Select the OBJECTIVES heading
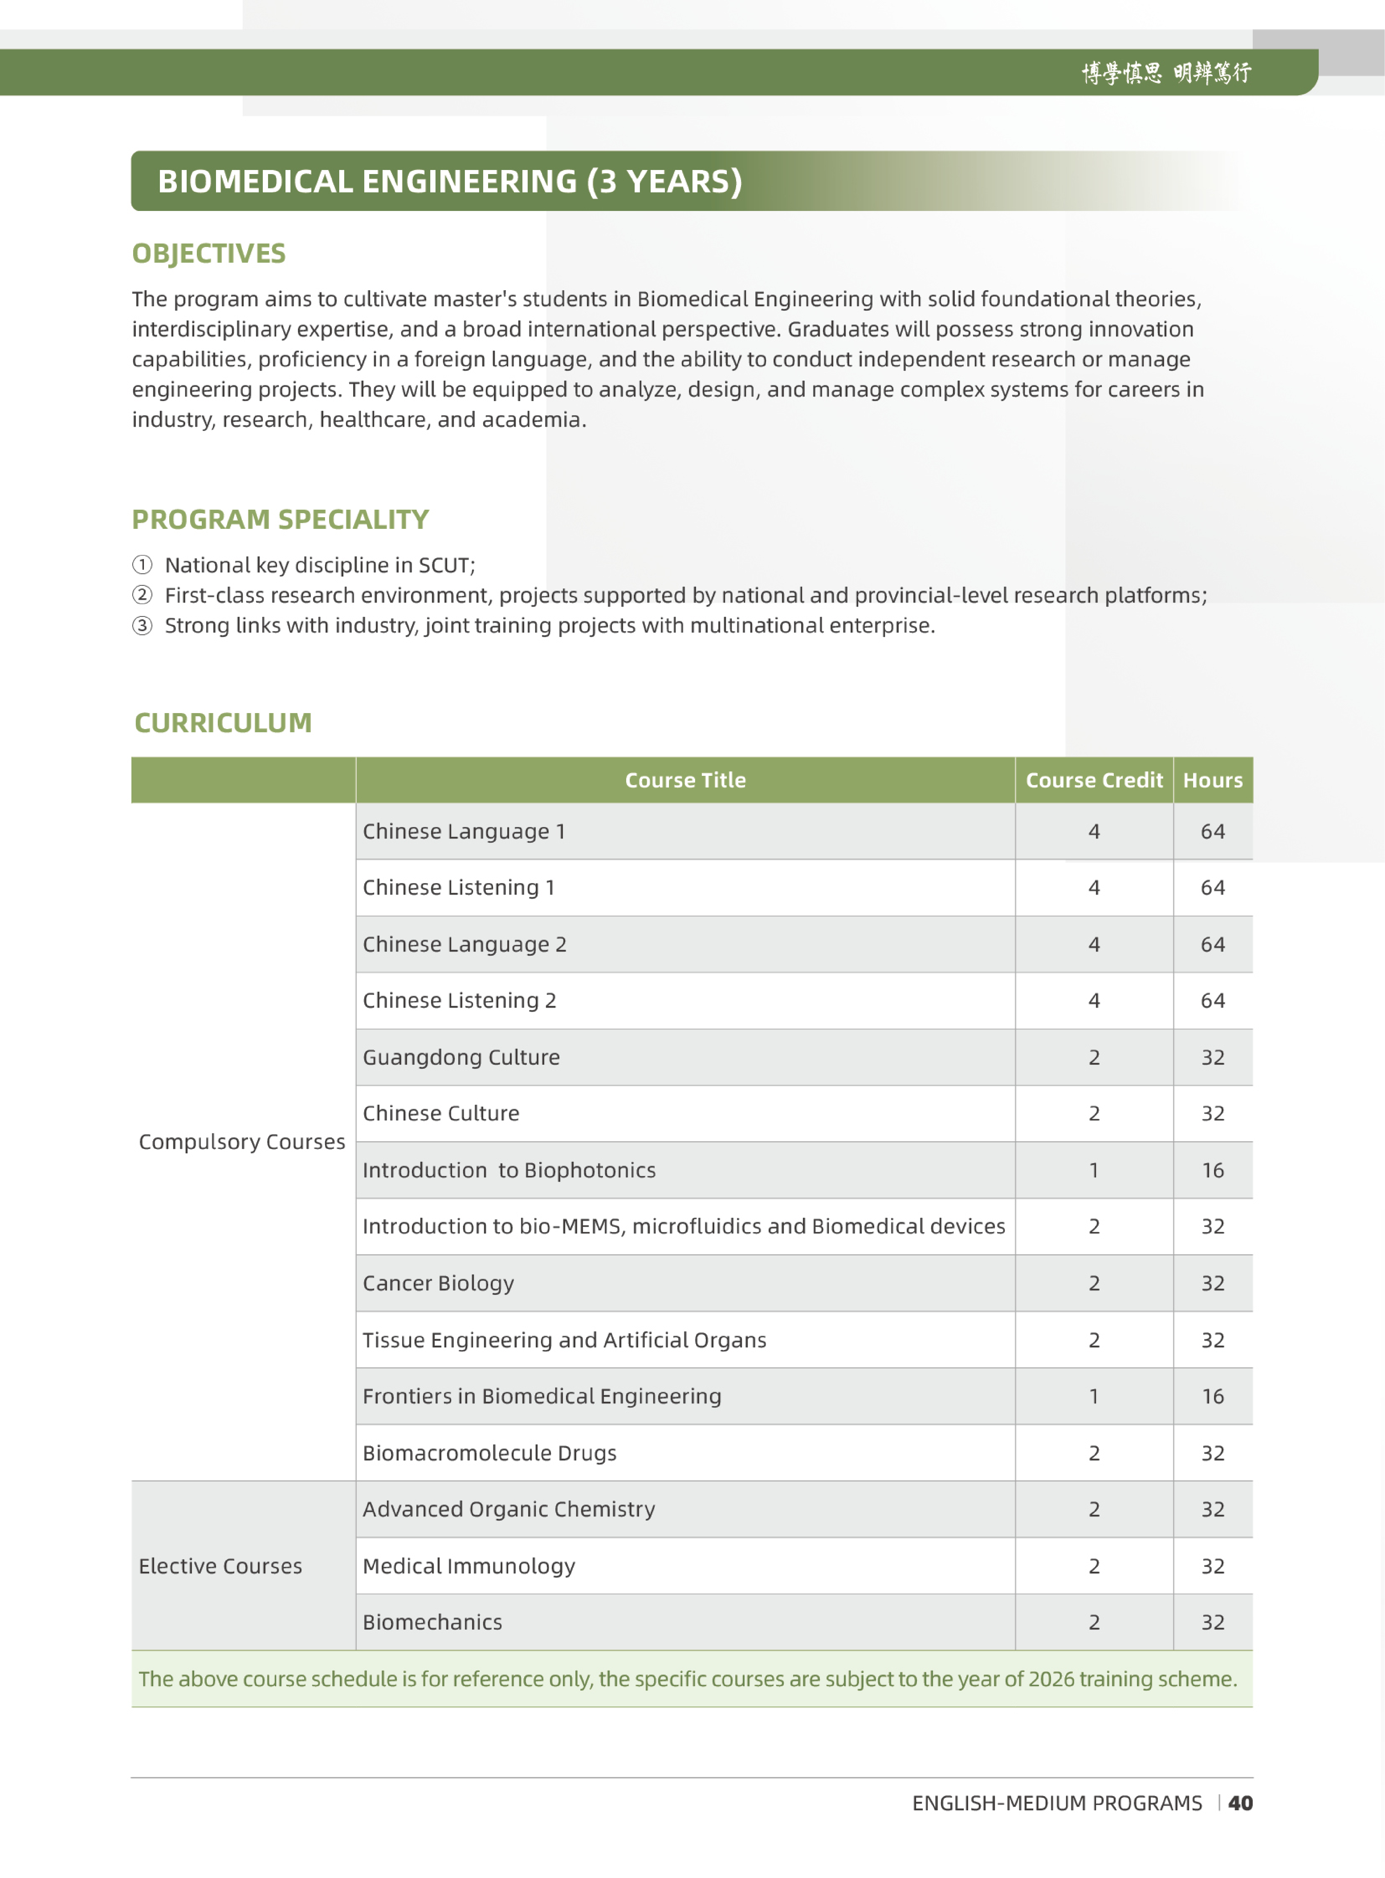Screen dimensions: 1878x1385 point(209,253)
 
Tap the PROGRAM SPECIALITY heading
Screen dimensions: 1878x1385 point(280,520)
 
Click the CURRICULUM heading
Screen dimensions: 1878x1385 point(223,722)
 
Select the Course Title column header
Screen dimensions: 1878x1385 point(685,780)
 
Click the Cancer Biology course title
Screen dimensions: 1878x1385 point(438,1283)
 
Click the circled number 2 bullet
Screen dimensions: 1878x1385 point(142,595)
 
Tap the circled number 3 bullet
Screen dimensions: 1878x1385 point(142,625)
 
